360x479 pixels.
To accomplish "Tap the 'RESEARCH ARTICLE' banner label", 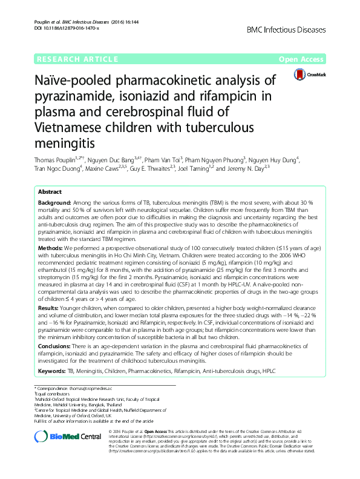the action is tap(77, 59).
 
